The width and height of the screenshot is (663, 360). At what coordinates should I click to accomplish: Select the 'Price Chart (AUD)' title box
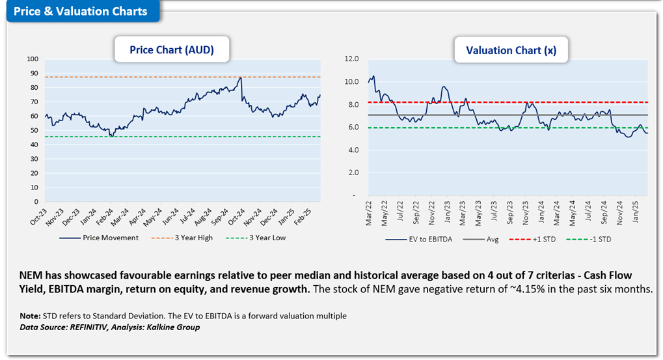pyautogui.click(x=171, y=49)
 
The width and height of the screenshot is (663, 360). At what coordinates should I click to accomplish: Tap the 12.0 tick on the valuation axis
pyautogui.click(x=351, y=59)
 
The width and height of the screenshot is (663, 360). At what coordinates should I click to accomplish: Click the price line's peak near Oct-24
pyautogui.click(x=241, y=77)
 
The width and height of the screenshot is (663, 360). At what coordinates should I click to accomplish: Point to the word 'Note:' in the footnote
pyautogui.click(x=31, y=316)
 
